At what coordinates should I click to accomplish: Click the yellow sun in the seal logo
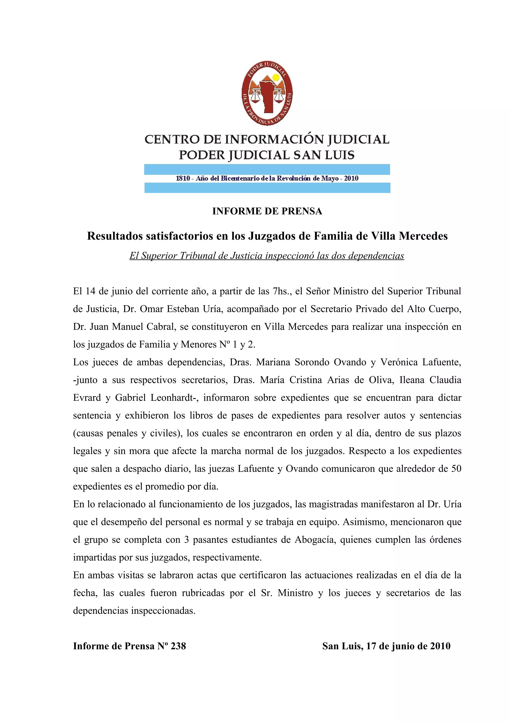click(x=276, y=77)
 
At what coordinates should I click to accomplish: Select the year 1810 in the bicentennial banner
click(x=183, y=179)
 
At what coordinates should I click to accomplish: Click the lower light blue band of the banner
click(x=267, y=188)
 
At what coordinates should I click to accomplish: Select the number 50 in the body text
click(x=456, y=469)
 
